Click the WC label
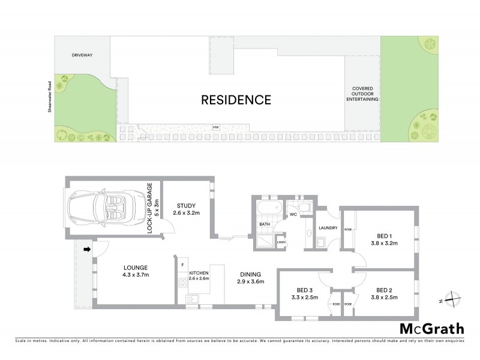click(x=294, y=214)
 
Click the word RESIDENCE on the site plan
click(x=236, y=99)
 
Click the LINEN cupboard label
click(x=281, y=242)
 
